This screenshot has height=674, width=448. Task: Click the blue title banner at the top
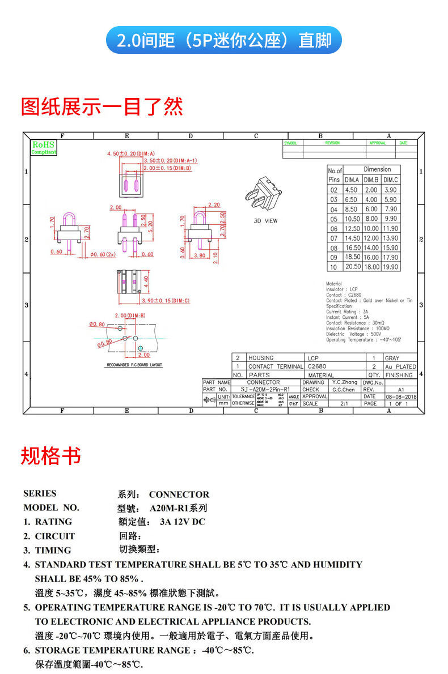point(224,40)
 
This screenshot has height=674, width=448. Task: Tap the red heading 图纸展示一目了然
point(102,106)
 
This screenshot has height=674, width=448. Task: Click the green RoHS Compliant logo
point(43,148)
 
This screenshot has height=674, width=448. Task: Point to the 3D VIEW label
point(265,221)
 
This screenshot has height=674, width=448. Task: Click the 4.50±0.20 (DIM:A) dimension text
point(131,153)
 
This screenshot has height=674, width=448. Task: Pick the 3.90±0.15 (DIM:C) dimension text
point(165,300)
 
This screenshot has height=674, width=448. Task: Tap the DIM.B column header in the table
point(371,180)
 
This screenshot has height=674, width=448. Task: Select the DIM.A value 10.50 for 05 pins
point(352,219)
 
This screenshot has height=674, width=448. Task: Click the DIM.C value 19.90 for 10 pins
point(390,267)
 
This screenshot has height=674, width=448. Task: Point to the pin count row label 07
point(334,238)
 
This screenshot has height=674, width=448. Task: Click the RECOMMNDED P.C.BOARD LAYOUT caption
point(134,365)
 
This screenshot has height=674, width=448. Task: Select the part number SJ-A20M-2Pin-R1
point(265,390)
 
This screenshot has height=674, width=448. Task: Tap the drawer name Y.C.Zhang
point(345,382)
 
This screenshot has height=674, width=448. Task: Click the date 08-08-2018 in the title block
point(401,397)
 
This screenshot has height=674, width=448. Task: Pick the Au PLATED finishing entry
point(400,367)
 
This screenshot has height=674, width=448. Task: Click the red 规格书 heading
point(51,456)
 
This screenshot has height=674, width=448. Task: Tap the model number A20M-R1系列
point(178,507)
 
